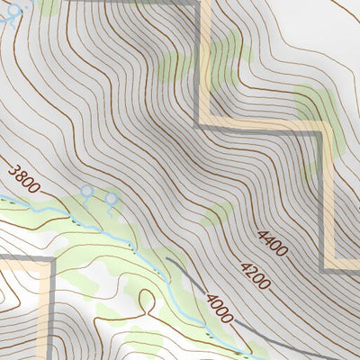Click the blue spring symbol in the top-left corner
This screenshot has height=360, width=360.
(13, 11)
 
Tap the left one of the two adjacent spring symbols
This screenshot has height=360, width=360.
(86, 191)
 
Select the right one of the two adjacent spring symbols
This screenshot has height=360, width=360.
(112, 198)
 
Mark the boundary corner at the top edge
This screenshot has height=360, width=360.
(200, 4)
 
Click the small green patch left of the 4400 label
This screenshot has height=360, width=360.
(216, 214)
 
